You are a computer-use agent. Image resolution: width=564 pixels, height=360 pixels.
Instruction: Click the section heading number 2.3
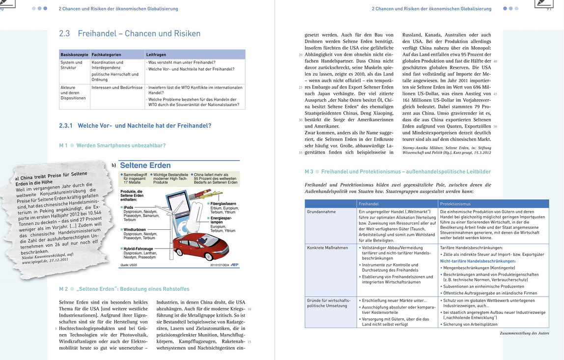pyautogui.click(x=64, y=34)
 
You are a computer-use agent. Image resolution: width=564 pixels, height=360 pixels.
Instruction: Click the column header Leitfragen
pyautogui.click(x=156, y=55)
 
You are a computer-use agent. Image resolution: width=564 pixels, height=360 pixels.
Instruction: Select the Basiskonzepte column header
pyautogui.click(x=74, y=55)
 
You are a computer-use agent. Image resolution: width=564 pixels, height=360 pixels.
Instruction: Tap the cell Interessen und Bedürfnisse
pyautogui.click(x=117, y=87)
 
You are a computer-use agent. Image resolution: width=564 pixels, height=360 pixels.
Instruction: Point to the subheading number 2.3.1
pyautogui.click(x=65, y=126)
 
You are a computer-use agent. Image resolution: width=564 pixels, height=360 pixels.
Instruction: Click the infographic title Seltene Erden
pyautogui.click(x=145, y=166)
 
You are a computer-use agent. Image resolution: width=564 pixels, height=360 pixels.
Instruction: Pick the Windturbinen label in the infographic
pyautogui.click(x=134, y=229)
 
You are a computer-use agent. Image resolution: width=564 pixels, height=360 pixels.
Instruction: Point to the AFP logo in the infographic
pyautogui.click(x=235, y=265)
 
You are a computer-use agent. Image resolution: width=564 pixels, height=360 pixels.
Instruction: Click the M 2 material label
pyautogui.click(x=63, y=289)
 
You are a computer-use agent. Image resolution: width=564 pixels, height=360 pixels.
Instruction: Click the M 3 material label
pyautogui.click(x=309, y=171)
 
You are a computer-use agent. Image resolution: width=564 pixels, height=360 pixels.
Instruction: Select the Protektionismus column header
pyautogui.click(x=455, y=204)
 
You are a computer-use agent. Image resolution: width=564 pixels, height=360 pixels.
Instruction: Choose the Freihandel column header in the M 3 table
pyautogui.click(x=368, y=204)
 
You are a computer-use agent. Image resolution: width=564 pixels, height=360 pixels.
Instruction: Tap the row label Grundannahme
pyautogui.click(x=321, y=212)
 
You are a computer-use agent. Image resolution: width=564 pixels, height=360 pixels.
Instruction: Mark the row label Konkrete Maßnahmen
pyautogui.click(x=327, y=248)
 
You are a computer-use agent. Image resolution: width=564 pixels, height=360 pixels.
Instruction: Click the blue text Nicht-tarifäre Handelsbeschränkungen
pyautogui.click(x=478, y=261)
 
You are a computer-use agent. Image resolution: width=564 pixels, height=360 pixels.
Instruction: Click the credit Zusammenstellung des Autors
pyautogui.click(x=524, y=333)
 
